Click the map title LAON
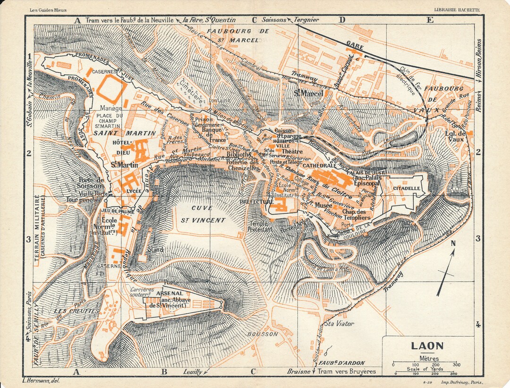[x=427, y=346]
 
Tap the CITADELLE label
[x=406, y=188]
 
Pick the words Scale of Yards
[x=426, y=369]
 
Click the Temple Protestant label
[x=260, y=226]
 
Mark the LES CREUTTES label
[x=76, y=311]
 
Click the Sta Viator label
[x=338, y=324]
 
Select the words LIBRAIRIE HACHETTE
[x=457, y=9]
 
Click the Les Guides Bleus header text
[x=47, y=9]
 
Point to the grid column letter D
[x=342, y=20]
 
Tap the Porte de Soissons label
[x=92, y=183]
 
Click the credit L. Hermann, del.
[x=41, y=380]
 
